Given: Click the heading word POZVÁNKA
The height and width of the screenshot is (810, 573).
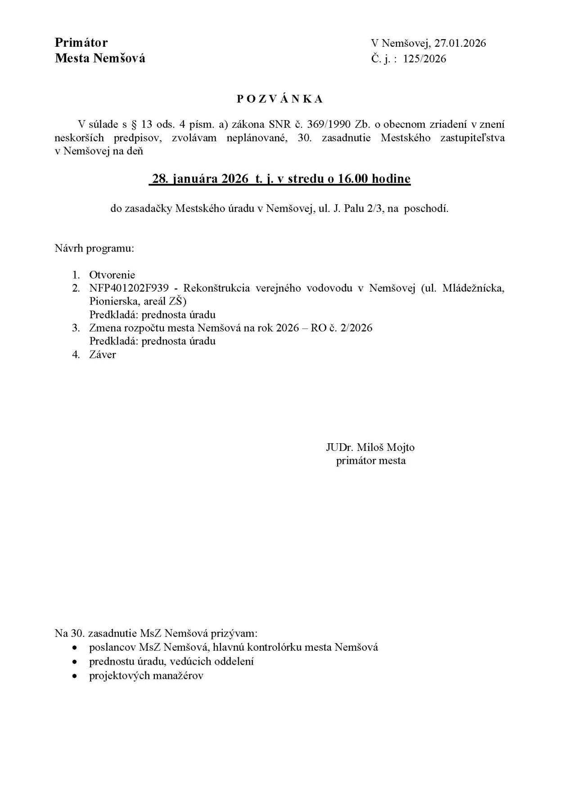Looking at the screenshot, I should coord(280,100).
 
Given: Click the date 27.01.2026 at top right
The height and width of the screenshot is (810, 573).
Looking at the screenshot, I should coord(460,43).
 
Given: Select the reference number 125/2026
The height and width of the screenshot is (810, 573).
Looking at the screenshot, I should coord(425,58).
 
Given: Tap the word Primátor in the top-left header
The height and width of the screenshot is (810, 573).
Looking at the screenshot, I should coord(81,43).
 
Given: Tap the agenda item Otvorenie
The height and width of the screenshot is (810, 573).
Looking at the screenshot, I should coord(112,274).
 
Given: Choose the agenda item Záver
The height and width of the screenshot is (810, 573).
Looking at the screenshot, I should coord(103,355).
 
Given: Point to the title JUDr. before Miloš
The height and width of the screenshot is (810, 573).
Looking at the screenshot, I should coord(339,447).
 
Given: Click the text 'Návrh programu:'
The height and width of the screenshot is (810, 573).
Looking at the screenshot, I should coord(95,248).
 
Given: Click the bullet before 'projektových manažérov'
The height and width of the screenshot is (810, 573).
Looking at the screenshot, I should coord(75,676).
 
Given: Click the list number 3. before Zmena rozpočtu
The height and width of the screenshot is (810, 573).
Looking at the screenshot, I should coord(76,328).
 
